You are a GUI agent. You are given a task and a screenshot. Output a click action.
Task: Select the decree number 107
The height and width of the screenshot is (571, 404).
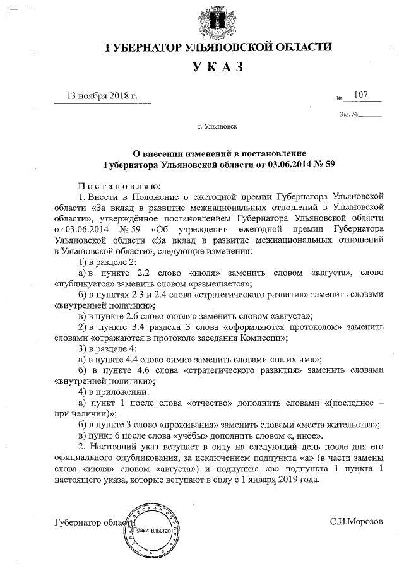pyautogui.click(x=361, y=95)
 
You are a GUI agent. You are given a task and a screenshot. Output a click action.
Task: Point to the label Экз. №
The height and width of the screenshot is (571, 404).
pyautogui.click(x=348, y=114)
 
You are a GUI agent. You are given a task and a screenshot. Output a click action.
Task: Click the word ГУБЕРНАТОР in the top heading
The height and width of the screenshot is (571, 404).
pyautogui.click(x=144, y=47)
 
